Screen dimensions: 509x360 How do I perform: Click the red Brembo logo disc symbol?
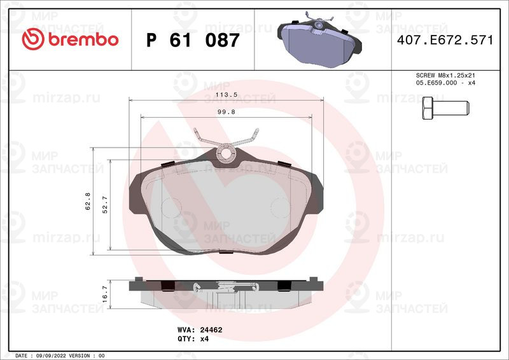point(33,39)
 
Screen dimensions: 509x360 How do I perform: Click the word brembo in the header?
point(83,39)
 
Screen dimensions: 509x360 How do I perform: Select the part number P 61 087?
point(193,40)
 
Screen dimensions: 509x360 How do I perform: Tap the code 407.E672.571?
point(445,40)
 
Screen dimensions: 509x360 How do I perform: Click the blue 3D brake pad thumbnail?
point(319,40)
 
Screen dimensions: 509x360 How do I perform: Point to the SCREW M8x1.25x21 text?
point(445,75)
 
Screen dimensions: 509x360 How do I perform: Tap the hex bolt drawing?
point(446,107)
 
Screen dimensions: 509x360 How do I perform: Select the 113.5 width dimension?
point(227,95)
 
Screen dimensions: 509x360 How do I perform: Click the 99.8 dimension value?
point(227,112)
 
